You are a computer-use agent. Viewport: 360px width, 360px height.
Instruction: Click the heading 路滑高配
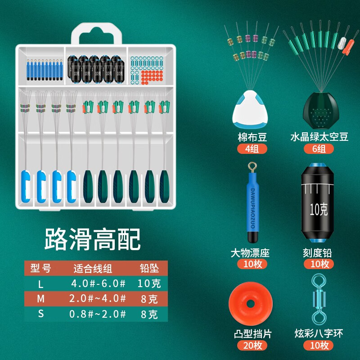92,239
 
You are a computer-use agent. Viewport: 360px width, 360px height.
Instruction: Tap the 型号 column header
40,269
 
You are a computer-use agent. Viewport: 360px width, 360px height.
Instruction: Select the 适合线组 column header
93,269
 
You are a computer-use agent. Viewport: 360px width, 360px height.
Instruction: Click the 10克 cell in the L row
148,284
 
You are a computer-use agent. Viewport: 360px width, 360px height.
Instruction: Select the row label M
40,299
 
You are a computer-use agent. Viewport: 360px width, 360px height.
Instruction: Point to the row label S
40,314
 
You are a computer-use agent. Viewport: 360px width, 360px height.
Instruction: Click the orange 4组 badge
252,149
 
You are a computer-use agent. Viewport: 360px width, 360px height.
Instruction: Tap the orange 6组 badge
319,149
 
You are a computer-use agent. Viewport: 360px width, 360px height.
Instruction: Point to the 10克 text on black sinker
319,209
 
